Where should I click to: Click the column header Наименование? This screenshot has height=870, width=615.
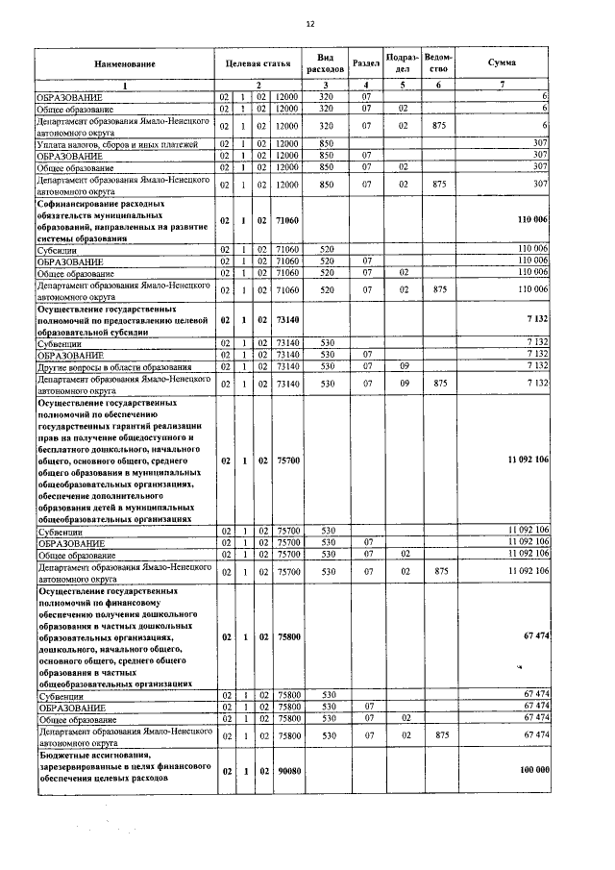coord(124,63)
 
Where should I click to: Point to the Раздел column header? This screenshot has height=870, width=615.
coord(366,63)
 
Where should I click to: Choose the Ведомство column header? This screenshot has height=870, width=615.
coord(438,63)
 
